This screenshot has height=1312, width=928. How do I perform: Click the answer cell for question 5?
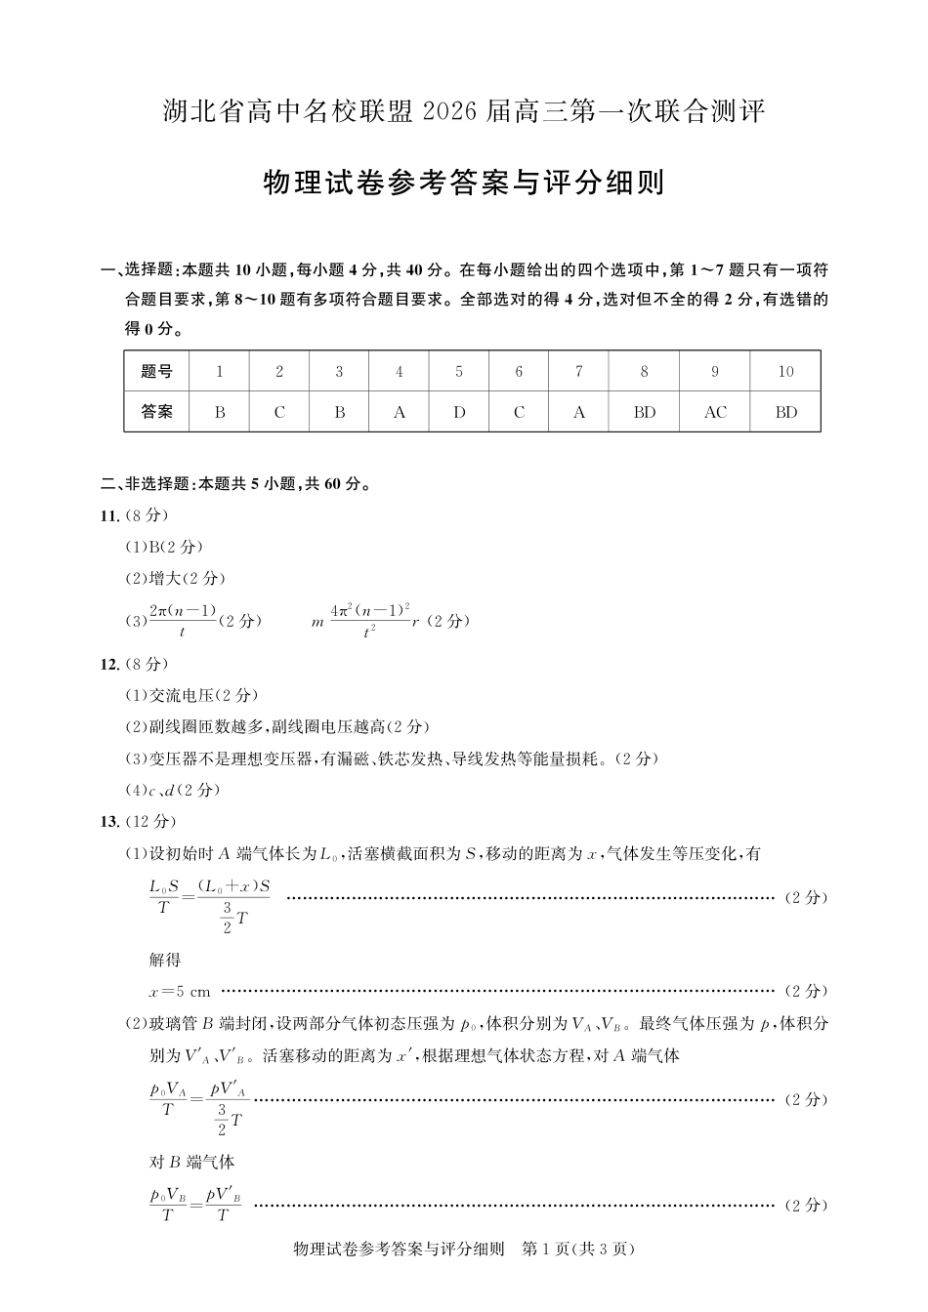tap(459, 412)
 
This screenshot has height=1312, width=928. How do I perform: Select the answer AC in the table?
tap(715, 412)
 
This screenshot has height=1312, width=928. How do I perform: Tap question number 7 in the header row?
tap(579, 372)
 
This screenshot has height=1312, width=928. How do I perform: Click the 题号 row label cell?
tap(156, 372)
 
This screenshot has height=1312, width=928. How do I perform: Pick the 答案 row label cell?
tap(156, 412)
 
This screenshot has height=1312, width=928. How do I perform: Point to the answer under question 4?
tap(399, 412)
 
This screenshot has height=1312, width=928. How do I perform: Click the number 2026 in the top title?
tap(451, 112)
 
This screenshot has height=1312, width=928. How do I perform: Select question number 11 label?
tap(109, 515)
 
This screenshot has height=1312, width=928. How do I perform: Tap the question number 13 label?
tap(109, 821)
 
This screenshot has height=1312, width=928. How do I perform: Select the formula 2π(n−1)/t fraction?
tap(183, 621)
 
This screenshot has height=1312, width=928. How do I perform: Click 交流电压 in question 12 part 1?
tap(181, 695)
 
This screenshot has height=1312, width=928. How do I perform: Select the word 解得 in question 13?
tap(165, 960)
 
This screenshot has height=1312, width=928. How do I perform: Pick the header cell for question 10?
tap(785, 372)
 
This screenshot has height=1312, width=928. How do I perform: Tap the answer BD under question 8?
tap(645, 412)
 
